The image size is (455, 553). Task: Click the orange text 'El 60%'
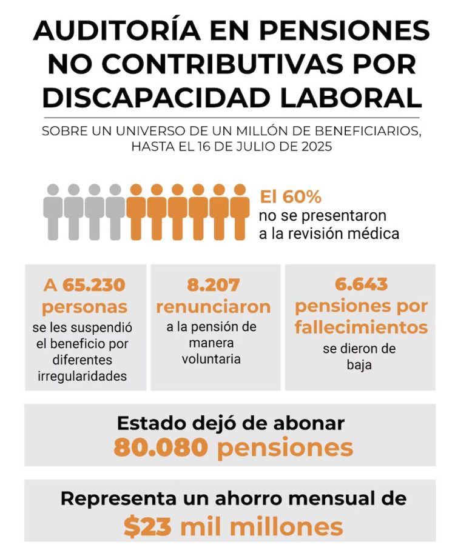pyautogui.click(x=291, y=197)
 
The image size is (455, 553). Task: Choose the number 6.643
pyautogui.click(x=360, y=284)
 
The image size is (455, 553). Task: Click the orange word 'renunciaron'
pyautogui.click(x=213, y=306)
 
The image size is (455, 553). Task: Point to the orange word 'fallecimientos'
pyautogui.click(x=361, y=327)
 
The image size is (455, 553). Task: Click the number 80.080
pyautogui.click(x=161, y=447)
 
